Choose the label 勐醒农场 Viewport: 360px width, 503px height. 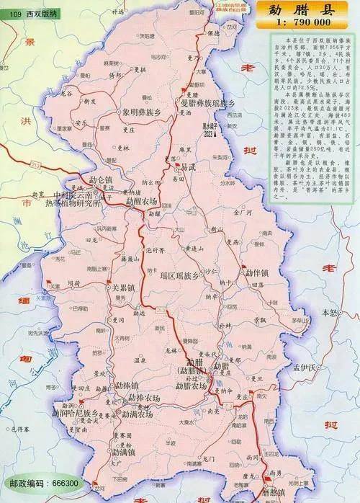tap(143, 202)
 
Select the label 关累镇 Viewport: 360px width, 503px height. tap(123, 287)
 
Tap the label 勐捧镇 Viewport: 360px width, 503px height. tap(126, 386)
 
